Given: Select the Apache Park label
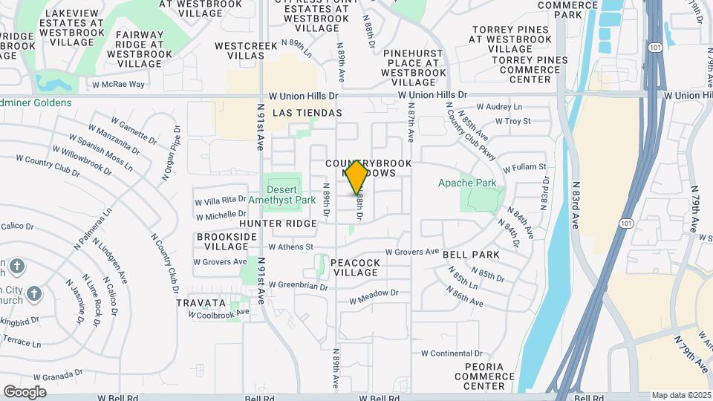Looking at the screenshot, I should [x=466, y=183].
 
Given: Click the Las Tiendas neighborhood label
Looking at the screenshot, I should [x=307, y=113].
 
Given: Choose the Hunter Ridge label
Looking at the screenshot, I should [x=268, y=223].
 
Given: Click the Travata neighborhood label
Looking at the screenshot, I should [x=201, y=303].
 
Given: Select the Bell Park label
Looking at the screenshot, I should [x=471, y=255].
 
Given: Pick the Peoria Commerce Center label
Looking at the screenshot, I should [x=484, y=376].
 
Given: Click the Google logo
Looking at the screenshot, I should [x=25, y=392].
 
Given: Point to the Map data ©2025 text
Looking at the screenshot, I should [x=682, y=395].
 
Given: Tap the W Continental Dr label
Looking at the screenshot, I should [x=450, y=353].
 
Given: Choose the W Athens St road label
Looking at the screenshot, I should [x=291, y=247].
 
